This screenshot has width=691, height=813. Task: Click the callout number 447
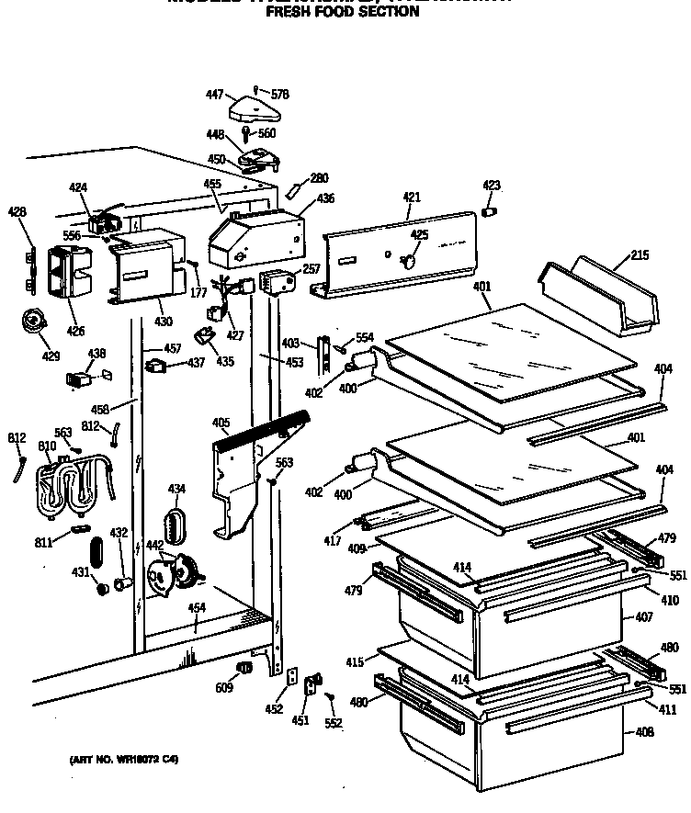(x=214, y=95)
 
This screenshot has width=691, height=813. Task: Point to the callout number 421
(x=411, y=198)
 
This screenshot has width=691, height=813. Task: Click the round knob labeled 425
(x=410, y=261)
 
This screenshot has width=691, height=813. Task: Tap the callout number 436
(x=325, y=198)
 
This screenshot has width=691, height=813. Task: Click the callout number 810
(x=47, y=446)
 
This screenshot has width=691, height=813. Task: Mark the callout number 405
(x=221, y=423)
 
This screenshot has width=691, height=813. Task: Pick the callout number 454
(x=196, y=608)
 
